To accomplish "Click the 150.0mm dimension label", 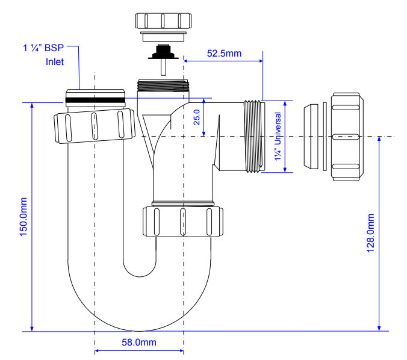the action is pyautogui.click(x=24, y=217).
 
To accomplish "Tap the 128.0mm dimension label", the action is pyautogui.click(x=371, y=233).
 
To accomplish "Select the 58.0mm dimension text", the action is pyautogui.click(x=139, y=342).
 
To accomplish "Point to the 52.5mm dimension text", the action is pyautogui.click(x=224, y=53).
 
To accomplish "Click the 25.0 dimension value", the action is pyautogui.click(x=197, y=117).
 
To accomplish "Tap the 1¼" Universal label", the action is pyautogui.click(x=278, y=137).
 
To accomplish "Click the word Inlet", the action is pyautogui.click(x=55, y=62).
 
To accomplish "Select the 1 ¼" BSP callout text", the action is pyautogui.click(x=43, y=47).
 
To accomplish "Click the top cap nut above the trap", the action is pyautogui.click(x=163, y=21).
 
